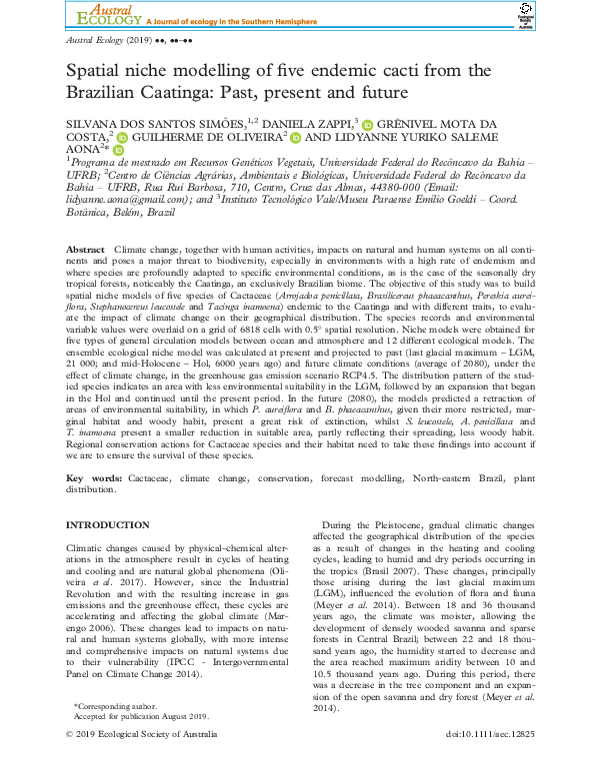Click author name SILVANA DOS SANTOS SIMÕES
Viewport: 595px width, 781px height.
pyautogui.click(x=147, y=122)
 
